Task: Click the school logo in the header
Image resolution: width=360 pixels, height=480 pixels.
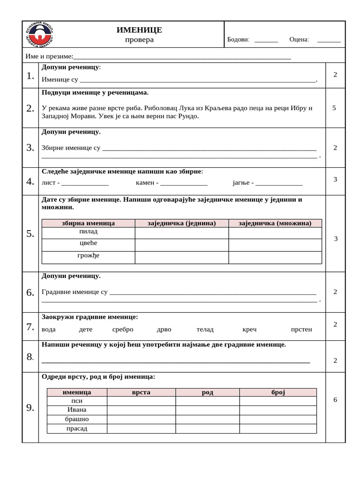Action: point(42,34)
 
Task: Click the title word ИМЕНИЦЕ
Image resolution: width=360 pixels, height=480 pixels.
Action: point(139,30)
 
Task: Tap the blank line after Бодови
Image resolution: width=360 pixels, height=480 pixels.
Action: point(266,41)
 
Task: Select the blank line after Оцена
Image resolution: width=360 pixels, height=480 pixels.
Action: point(329,41)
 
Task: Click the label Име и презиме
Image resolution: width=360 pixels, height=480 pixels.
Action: point(49,57)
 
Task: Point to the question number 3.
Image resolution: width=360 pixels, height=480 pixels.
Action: point(30,148)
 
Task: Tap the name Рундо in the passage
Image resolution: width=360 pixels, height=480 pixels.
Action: point(187,116)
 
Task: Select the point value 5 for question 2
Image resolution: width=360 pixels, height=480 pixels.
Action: point(334,108)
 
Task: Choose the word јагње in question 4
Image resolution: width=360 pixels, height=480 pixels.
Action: point(241,182)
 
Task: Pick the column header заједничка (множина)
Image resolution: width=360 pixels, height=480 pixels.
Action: point(275,223)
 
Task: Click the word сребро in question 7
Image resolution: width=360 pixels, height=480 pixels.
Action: point(123,330)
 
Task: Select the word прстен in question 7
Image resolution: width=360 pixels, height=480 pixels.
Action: point(301,330)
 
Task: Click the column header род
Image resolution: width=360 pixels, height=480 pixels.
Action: point(208,392)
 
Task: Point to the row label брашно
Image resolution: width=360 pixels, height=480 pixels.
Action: point(77,419)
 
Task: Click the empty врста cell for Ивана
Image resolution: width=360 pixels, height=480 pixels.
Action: point(141,410)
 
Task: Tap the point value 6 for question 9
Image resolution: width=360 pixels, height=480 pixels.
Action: point(335,400)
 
